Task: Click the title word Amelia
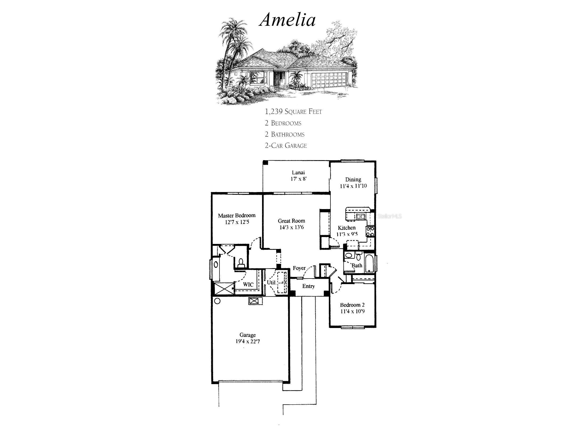pyautogui.click(x=287, y=20)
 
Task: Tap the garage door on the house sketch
pyautogui.click(x=329, y=80)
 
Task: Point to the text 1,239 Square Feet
pyautogui.click(x=293, y=111)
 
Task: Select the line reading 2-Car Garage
pyautogui.click(x=286, y=146)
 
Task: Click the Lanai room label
pyautogui.click(x=298, y=172)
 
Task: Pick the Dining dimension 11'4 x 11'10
pyautogui.click(x=353, y=186)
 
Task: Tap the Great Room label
pyautogui.click(x=291, y=221)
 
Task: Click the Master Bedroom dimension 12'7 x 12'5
pyautogui.click(x=237, y=222)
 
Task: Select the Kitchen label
pyautogui.click(x=347, y=228)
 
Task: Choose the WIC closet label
pyautogui.click(x=248, y=284)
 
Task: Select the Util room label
pyautogui.click(x=271, y=282)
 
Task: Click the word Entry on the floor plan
pyautogui.click(x=308, y=286)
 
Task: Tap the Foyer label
pyautogui.click(x=299, y=268)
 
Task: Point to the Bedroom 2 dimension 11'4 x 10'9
pyautogui.click(x=352, y=311)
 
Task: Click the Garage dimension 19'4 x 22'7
pyautogui.click(x=247, y=341)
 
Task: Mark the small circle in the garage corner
pyautogui.click(x=217, y=301)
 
